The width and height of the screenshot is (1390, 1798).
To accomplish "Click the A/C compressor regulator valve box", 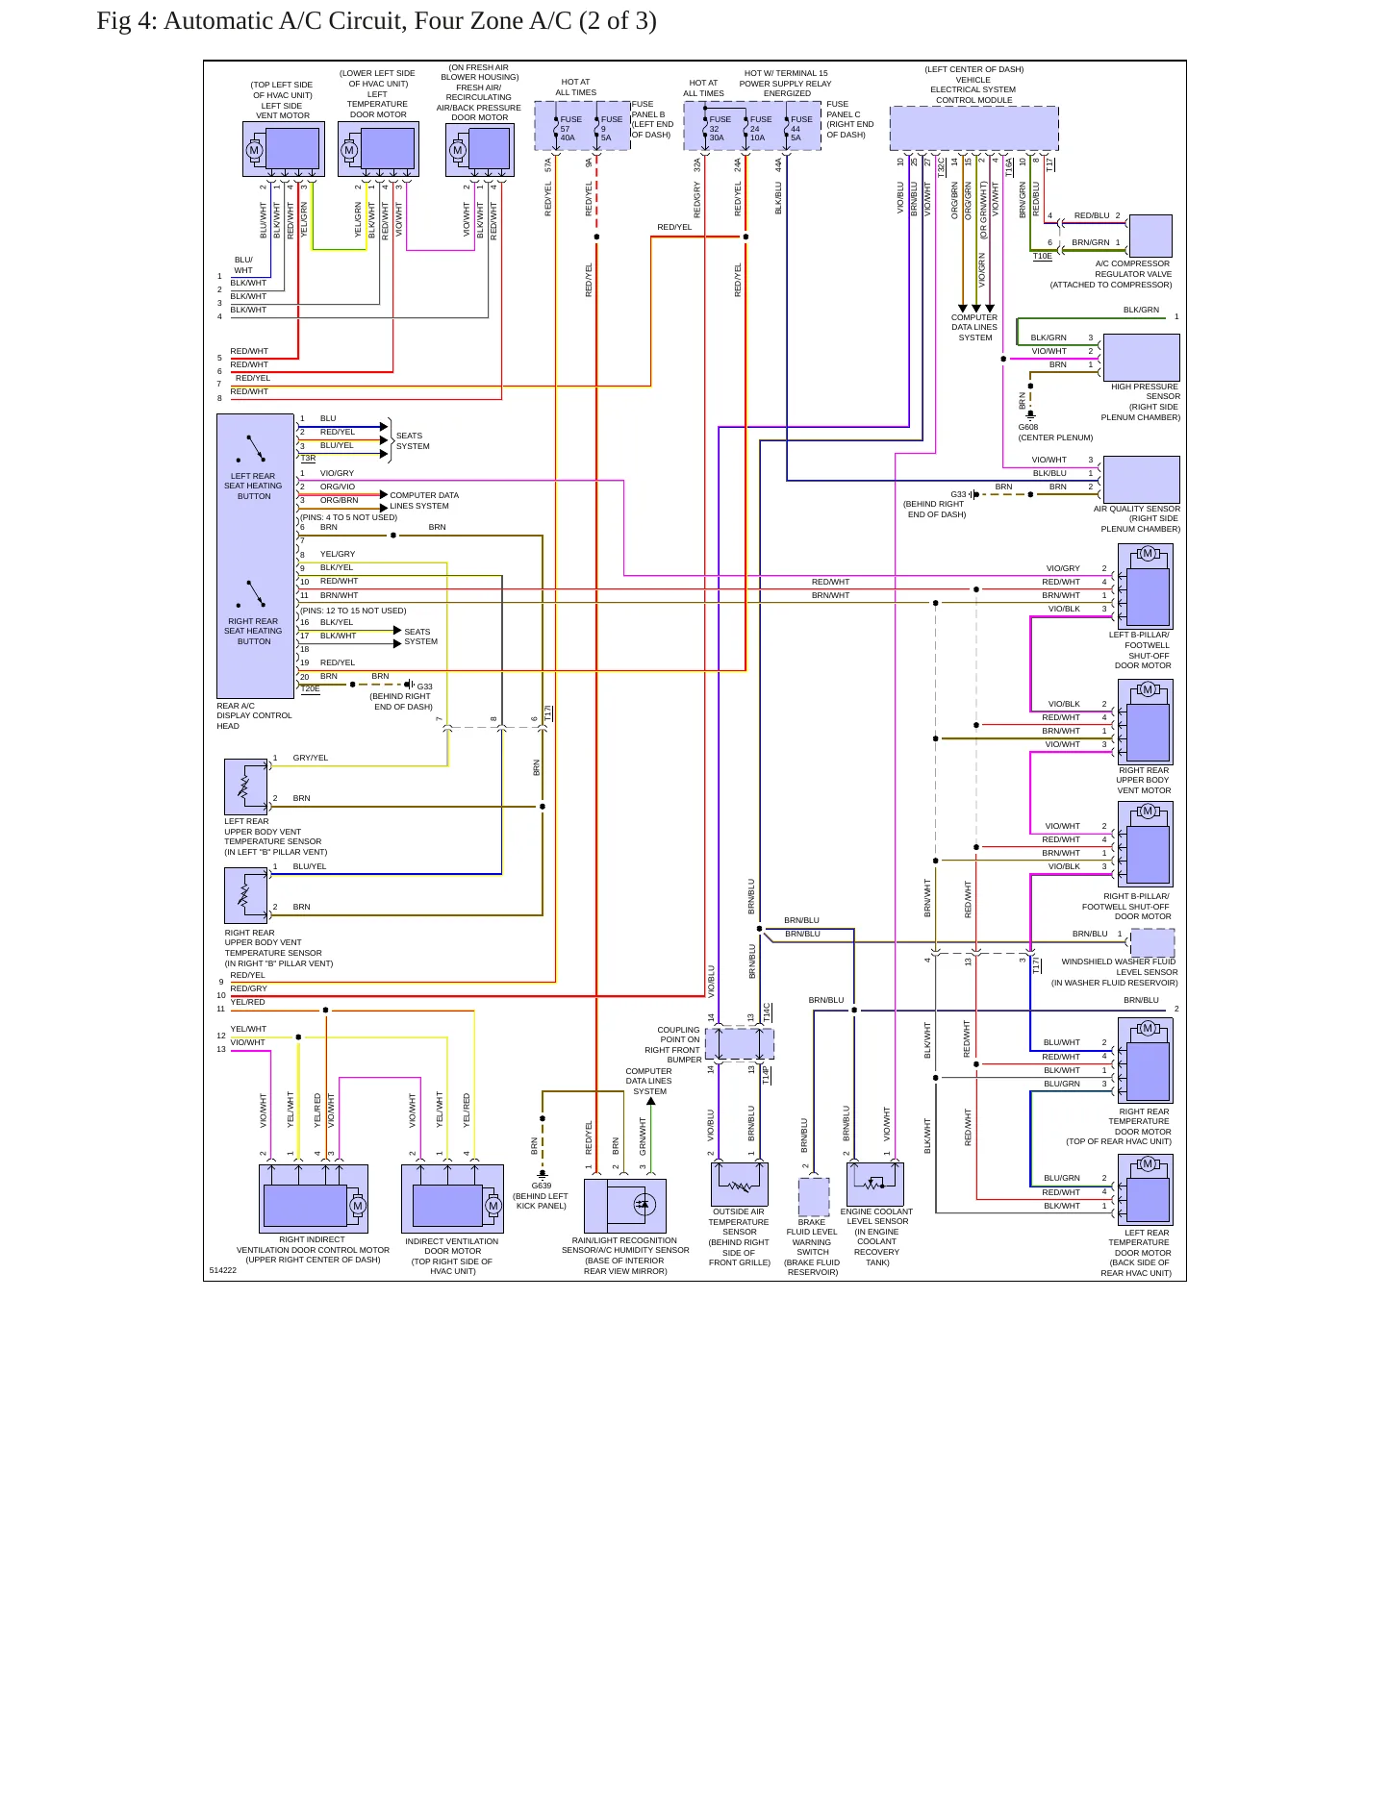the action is pos(1150,236).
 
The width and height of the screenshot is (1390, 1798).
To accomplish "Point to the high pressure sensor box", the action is pos(1141,358).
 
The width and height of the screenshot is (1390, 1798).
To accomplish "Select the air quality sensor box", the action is pos(1141,480).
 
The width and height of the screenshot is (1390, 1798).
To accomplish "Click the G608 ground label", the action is pos(1028,427).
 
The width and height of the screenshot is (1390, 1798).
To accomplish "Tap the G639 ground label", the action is pos(542,1186).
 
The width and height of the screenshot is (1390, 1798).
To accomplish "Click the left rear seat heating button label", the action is pos(253,486).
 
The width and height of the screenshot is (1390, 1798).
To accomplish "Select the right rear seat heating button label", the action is pos(253,631).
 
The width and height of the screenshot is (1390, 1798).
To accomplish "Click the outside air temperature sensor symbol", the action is pos(740,1184).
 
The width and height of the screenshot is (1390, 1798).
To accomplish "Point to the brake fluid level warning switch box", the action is pos(814,1197).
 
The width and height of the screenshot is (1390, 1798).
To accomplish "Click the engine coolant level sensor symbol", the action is pos(875,1184).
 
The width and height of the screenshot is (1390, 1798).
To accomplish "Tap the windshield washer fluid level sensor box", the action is pos(1152,942).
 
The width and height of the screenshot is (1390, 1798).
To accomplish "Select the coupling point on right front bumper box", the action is pos(739,1043).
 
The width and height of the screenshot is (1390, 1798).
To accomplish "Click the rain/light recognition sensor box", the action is pos(625,1206).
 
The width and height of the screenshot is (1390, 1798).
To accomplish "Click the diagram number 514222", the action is pos(223,1270).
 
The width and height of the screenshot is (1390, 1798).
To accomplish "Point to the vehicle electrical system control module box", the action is pos(973,128).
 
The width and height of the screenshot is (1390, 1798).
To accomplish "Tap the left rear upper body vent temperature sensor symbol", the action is pos(246,787).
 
